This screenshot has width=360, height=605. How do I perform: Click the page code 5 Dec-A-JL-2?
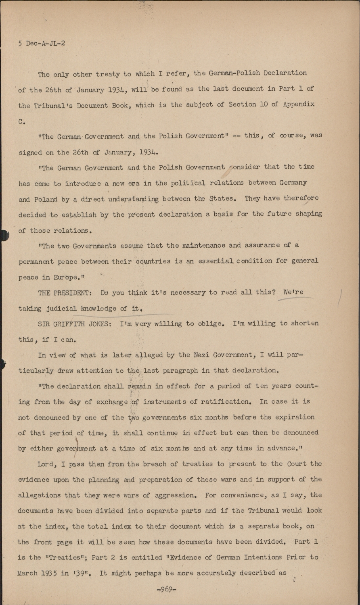click(42, 43)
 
